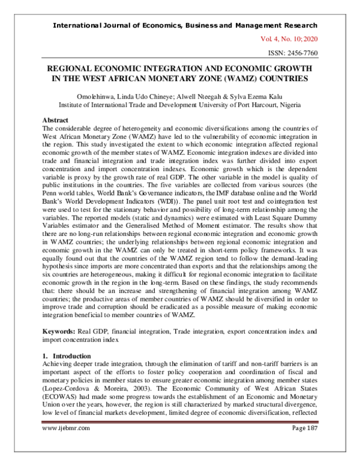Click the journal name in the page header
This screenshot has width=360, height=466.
click(x=185, y=25)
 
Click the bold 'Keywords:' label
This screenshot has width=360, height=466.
click(x=61, y=331)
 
